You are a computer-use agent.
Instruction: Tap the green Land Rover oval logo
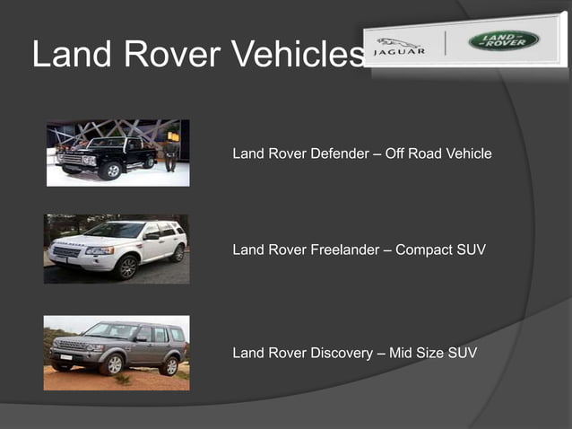pyautogui.click(x=503, y=40)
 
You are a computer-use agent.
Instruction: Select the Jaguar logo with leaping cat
pyautogui.click(x=400, y=45)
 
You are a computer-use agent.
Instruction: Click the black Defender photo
pyautogui.click(x=117, y=153)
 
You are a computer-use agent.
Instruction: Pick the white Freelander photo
pyautogui.click(x=117, y=249)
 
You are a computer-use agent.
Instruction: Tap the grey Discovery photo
pyautogui.click(x=117, y=352)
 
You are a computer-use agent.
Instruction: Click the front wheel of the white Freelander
pyautogui.click(x=127, y=267)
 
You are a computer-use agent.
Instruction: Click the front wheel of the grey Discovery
pyautogui.click(x=112, y=364)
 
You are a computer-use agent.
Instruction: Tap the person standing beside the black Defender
pyautogui.click(x=170, y=153)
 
